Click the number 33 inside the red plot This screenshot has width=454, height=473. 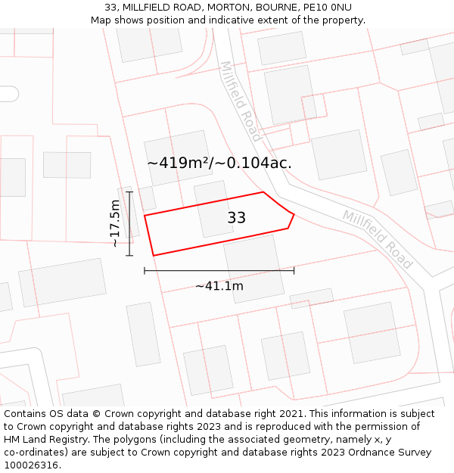[236, 218]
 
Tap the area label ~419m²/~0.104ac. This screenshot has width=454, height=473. [219, 163]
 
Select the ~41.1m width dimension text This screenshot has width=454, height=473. [219, 286]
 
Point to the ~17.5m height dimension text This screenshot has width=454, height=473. [115, 223]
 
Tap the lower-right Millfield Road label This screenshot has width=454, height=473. [378, 238]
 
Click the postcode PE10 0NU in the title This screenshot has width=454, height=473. [326, 8]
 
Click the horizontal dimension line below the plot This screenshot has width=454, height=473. [219, 270]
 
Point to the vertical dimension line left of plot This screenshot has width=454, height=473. [129, 223]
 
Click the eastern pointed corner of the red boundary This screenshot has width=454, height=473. [294, 215]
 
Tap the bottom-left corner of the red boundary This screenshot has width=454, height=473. [154, 256]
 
